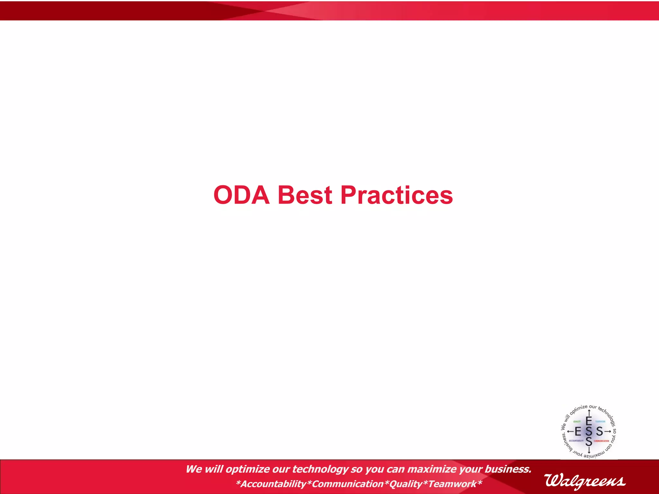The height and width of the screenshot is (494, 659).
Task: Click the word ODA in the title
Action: (241, 195)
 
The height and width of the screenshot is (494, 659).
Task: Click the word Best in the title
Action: (304, 195)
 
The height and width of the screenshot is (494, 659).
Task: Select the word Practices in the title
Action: (396, 195)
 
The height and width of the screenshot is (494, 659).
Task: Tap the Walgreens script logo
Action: (585, 481)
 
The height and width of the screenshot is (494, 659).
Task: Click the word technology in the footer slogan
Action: (320, 469)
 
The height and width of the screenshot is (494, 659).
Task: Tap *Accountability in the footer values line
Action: (271, 484)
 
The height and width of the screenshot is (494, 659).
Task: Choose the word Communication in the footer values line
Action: (348, 484)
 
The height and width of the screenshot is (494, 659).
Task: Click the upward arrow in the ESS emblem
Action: (589, 413)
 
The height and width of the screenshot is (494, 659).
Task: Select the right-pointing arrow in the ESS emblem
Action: (607, 431)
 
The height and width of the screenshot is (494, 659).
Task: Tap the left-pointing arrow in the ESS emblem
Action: (570, 431)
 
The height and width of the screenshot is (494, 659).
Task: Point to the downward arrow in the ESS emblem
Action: (589, 450)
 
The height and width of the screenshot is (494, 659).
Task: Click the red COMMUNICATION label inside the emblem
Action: (601, 441)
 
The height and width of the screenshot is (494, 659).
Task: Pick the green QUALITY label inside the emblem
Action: (577, 422)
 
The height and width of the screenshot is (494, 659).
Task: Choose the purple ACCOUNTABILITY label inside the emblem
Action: (576, 441)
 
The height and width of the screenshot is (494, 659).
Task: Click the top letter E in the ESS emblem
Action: (589, 421)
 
